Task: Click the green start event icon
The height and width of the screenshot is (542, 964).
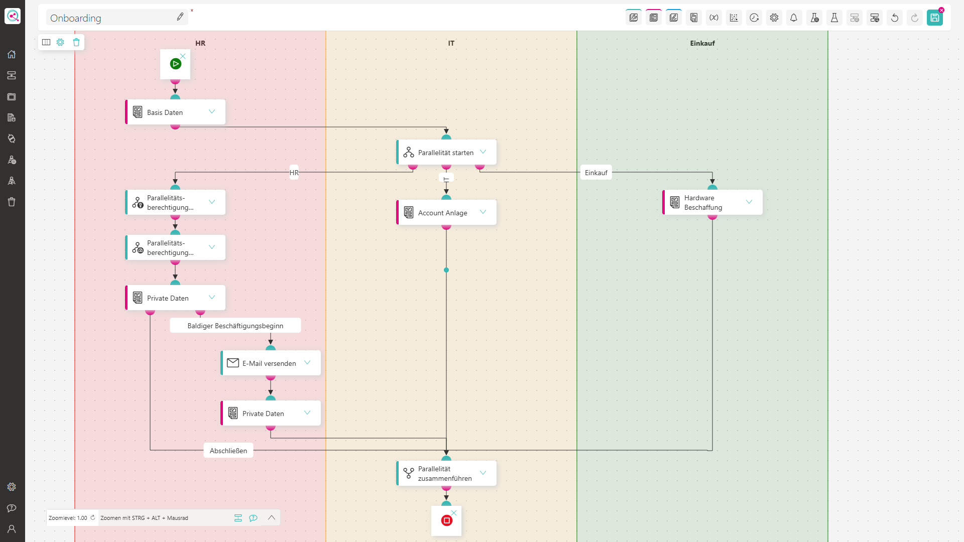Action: tap(175, 64)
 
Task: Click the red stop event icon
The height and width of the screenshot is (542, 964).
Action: tap(446, 520)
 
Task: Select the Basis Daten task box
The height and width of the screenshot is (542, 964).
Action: tap(175, 112)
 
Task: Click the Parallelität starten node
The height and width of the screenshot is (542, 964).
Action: tap(446, 152)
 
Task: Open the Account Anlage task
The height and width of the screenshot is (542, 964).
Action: tap(446, 212)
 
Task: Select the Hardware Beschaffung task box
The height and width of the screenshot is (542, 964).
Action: tap(712, 202)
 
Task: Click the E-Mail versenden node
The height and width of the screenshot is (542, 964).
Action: tap(271, 363)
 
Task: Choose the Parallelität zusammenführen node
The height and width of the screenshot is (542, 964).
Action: tap(446, 473)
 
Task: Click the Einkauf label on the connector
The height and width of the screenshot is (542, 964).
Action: tap(596, 173)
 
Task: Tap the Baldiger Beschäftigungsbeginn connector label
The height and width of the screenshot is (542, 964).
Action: tap(235, 326)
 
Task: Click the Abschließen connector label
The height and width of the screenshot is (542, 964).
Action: tap(228, 451)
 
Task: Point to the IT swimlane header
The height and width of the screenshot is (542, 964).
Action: tap(451, 43)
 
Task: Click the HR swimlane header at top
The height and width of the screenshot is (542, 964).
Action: tap(200, 43)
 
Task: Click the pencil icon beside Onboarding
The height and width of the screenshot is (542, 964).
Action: tap(180, 17)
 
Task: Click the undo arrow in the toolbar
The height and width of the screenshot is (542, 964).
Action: tap(895, 18)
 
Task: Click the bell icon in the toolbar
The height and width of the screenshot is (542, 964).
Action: tap(794, 18)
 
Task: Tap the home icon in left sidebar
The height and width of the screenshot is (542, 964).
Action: tap(12, 54)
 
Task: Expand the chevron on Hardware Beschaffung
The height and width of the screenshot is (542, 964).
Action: tap(749, 202)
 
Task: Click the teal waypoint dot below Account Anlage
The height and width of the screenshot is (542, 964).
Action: tap(446, 270)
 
